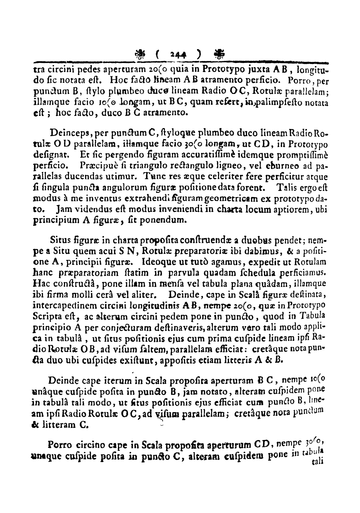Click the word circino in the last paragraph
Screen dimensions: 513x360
88,446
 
